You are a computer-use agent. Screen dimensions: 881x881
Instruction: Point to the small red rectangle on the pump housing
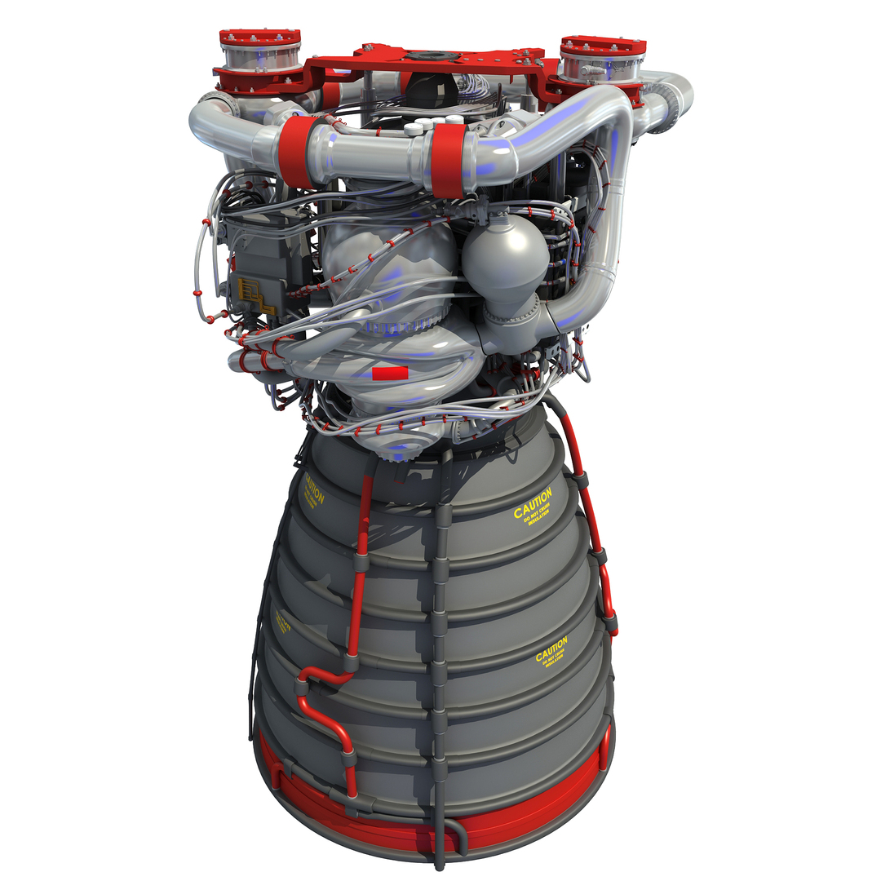point(389,374)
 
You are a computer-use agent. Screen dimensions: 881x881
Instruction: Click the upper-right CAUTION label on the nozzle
point(533,505)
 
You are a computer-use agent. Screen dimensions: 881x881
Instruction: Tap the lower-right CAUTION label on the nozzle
point(551,652)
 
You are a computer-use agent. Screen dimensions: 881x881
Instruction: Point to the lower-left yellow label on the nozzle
point(283,623)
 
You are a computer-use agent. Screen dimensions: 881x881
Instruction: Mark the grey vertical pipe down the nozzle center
point(440,653)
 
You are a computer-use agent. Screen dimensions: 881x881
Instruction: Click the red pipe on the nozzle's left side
point(357,571)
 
